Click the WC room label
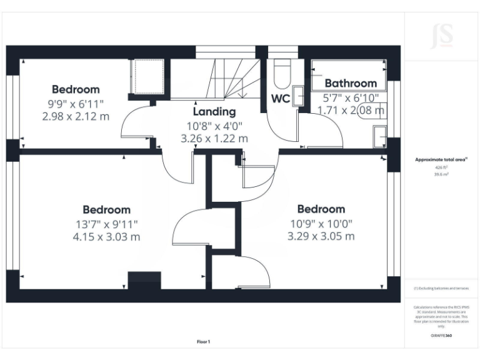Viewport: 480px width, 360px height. click(281, 98)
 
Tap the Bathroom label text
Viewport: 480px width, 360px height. click(351, 83)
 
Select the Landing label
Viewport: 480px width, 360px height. click(214, 112)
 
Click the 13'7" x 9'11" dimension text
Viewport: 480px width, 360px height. click(106, 224)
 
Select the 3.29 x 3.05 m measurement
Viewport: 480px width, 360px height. click(321, 236)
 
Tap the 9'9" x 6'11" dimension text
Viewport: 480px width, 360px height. click(76, 104)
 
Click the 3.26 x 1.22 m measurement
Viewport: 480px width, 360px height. click(214, 138)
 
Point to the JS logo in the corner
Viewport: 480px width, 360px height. click(441, 36)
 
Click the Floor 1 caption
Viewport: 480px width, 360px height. click(204, 342)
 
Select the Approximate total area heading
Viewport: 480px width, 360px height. click(441, 160)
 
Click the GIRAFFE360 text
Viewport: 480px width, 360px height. click(441, 336)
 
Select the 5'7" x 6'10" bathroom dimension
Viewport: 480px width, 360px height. click(351, 98)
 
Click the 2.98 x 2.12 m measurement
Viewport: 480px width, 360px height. click(76, 116)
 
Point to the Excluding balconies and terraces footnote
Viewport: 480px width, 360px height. click(441, 288)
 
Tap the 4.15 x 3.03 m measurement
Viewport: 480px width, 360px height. click(106, 237)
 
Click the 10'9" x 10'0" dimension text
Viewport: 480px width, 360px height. click(321, 223)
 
